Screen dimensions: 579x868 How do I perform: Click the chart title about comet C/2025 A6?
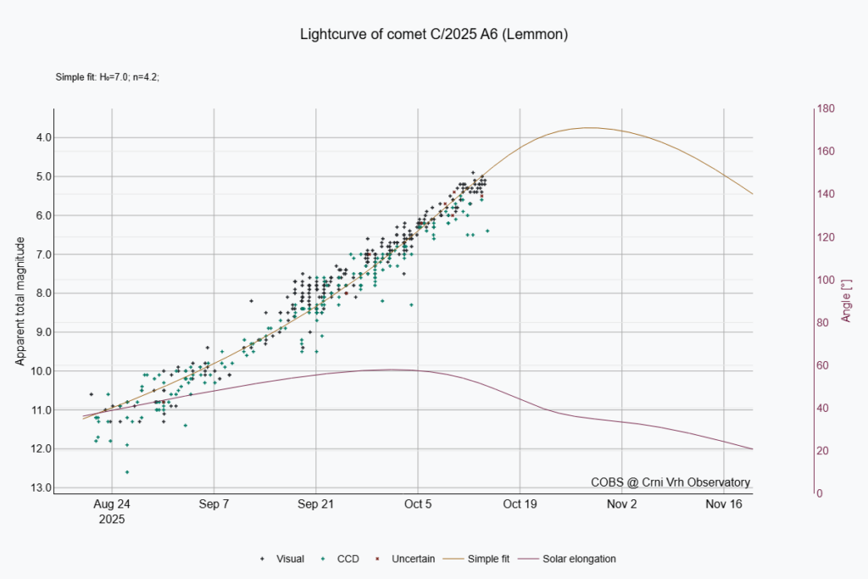[x=433, y=35]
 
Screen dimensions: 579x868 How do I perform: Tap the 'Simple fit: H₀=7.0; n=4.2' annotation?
[x=108, y=77]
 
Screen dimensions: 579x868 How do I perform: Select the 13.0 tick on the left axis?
[x=39, y=487]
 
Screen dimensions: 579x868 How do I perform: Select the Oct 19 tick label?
[x=520, y=504]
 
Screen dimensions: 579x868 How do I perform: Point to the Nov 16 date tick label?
[x=724, y=504]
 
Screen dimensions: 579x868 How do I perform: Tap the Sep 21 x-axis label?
[x=315, y=504]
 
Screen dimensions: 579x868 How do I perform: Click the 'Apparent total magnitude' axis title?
[x=20, y=302]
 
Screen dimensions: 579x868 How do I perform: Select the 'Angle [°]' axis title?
[x=846, y=302]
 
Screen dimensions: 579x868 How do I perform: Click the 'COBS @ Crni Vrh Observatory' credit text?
[x=670, y=482]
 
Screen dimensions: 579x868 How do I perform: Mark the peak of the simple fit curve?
[x=589, y=128]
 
